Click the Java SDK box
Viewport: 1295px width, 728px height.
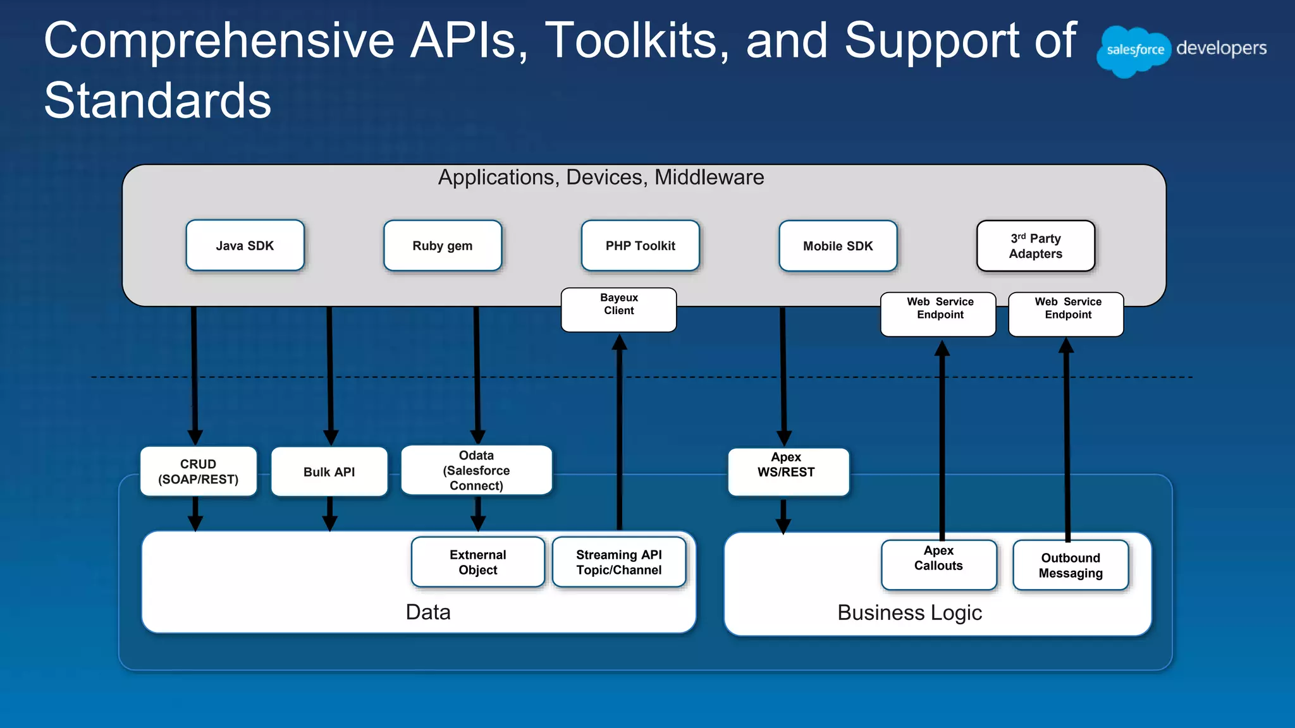click(x=245, y=245)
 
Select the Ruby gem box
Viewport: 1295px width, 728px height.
click(x=442, y=245)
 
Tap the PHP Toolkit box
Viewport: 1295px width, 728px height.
click(x=640, y=245)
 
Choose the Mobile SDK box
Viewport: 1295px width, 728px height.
click(x=838, y=245)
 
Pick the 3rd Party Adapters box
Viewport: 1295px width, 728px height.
click(x=1035, y=246)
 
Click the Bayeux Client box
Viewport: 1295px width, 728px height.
click(x=618, y=309)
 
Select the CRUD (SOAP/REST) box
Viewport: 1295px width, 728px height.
click(x=198, y=471)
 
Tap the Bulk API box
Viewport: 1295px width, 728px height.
click(x=329, y=471)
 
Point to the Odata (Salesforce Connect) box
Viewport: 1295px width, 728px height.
click(x=476, y=470)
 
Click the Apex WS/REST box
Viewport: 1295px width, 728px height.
click(x=788, y=471)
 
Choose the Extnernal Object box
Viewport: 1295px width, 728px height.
click(x=477, y=562)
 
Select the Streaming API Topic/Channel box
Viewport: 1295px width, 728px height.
click(x=618, y=562)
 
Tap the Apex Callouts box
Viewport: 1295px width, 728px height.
click(x=938, y=564)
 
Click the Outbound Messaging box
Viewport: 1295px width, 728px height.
click(x=1070, y=565)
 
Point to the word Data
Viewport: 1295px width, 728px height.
click(x=427, y=612)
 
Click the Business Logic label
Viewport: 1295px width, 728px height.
click(x=909, y=612)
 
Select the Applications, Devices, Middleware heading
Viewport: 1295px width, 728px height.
click(x=601, y=177)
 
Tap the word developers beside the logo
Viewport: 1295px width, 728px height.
click(x=1221, y=49)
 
